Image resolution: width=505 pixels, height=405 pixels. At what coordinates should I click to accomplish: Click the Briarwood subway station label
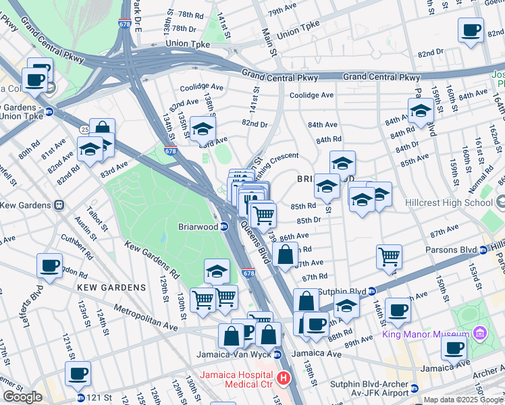coord(197,227)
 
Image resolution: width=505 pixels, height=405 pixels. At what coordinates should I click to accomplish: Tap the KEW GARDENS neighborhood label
coord(111,288)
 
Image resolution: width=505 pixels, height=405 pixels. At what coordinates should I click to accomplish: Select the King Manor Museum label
coord(425,334)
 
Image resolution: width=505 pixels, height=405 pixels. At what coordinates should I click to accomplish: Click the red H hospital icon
coord(284,380)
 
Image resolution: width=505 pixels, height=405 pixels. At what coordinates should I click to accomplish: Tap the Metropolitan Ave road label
coord(145,317)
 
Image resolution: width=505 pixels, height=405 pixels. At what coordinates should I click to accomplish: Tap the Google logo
coord(23,397)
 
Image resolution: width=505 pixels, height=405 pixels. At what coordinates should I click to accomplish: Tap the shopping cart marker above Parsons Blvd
coord(389,256)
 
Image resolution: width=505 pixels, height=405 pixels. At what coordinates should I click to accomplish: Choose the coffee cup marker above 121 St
coord(78,373)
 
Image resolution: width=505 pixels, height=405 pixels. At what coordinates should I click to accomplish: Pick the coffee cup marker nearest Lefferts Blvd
coord(49,266)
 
